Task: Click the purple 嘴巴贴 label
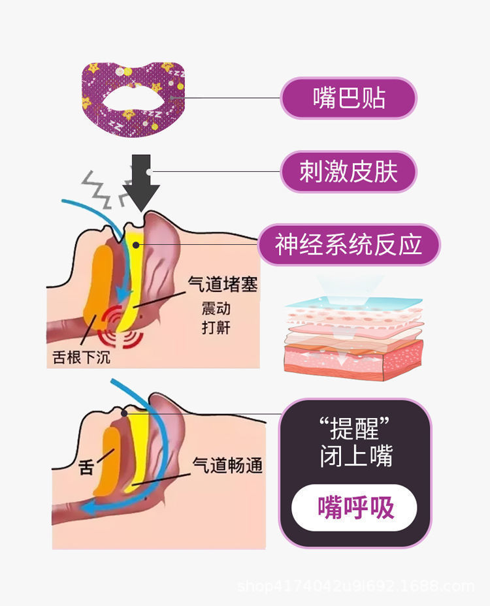point(348,99)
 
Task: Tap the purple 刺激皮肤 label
point(348,172)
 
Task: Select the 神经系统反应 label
point(348,245)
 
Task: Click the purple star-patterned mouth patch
point(135,99)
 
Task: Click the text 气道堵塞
point(223,284)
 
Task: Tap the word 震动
point(216,308)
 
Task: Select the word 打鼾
point(216,327)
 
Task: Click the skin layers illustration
point(353,336)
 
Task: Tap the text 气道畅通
point(227,466)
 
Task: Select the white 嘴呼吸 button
point(354,507)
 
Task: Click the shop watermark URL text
point(355,586)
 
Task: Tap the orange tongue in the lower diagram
point(106,463)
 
